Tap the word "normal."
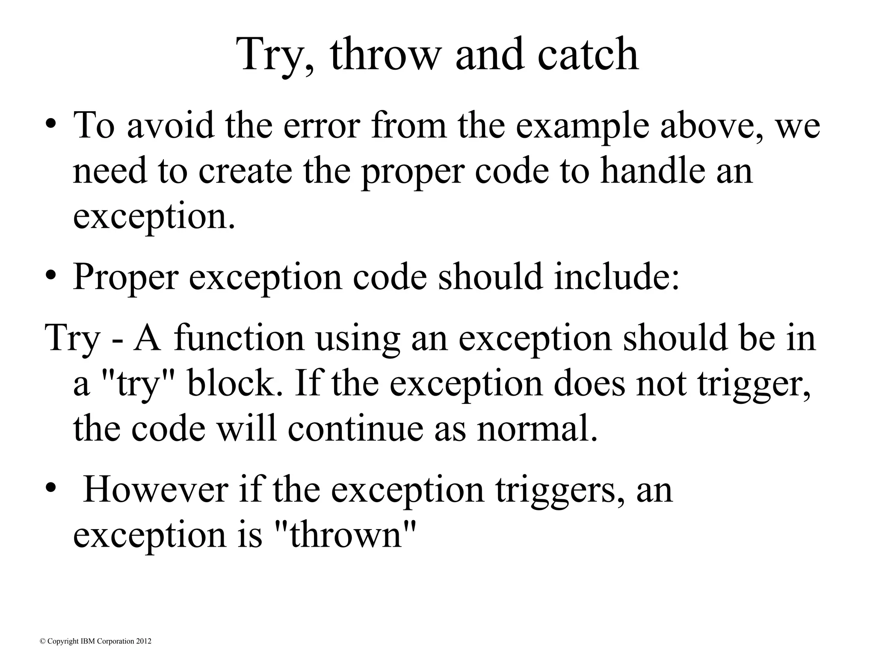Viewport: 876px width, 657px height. pyautogui.click(x=537, y=429)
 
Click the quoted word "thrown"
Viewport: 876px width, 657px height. pyautogui.click(x=344, y=535)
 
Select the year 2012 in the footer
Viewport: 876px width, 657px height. pyautogui.click(x=144, y=641)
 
